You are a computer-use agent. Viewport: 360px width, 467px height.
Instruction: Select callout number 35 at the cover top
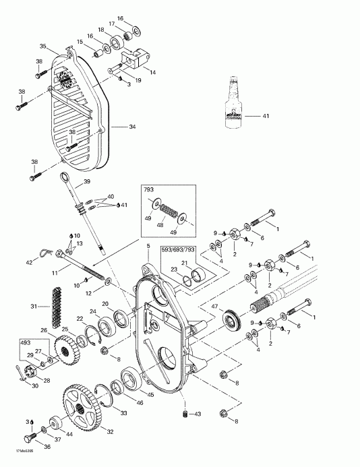[42, 46]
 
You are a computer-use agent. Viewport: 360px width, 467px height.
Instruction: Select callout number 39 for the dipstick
[87, 182]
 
